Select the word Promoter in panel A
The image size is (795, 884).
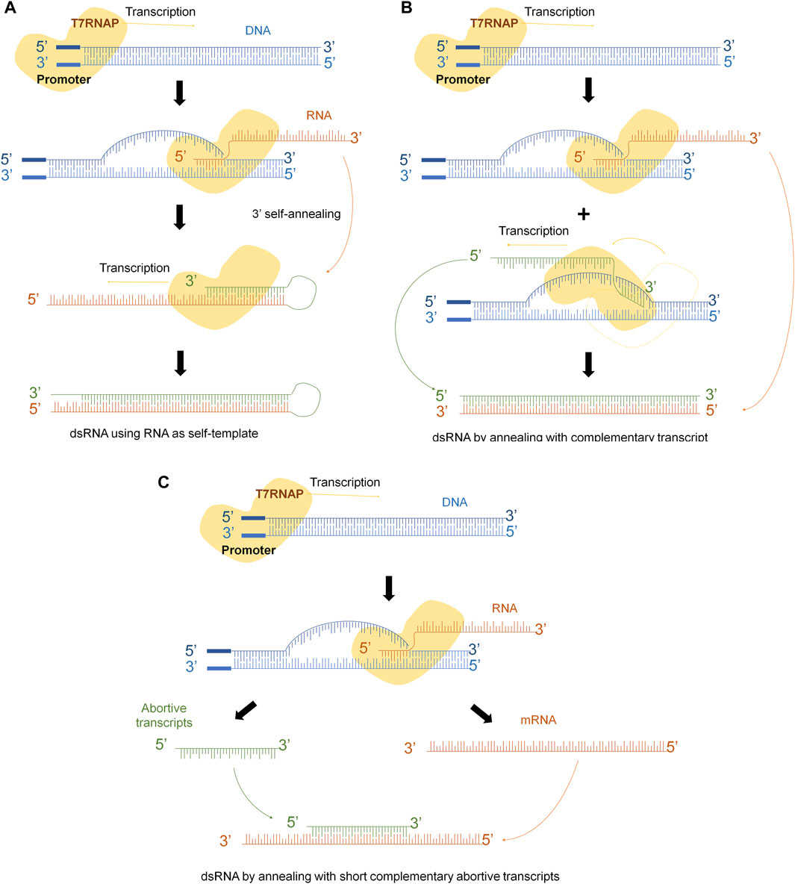[63, 79]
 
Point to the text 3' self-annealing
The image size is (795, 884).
[296, 214]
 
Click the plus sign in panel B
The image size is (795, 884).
[584, 214]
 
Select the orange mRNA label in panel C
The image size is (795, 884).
[538, 720]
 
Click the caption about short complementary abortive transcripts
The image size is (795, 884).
[380, 875]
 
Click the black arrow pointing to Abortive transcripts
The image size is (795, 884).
[245, 710]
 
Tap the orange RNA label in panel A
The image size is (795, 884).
[319, 116]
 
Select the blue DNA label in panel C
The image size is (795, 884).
[455, 502]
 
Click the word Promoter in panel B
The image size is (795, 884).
[463, 79]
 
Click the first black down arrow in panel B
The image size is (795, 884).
[588, 90]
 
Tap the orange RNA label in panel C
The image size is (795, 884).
[505, 608]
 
